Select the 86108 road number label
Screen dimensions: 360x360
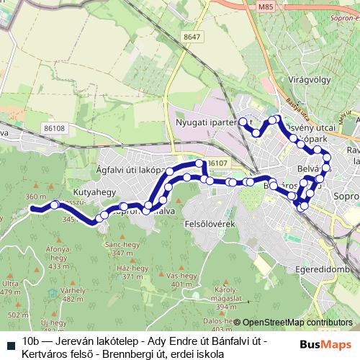(x=54, y=128)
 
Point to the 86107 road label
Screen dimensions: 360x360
(x=217, y=163)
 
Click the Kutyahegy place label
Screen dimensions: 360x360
(x=74, y=194)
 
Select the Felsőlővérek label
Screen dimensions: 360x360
(x=211, y=224)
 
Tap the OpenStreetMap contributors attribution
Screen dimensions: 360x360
(x=297, y=323)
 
